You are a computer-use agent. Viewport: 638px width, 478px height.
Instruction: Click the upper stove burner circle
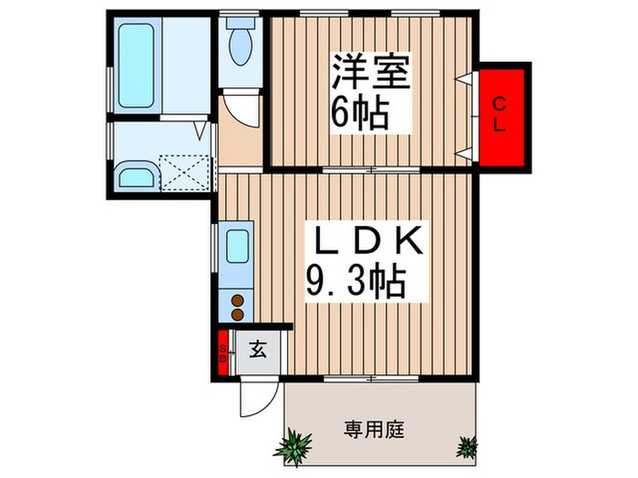click(238, 300)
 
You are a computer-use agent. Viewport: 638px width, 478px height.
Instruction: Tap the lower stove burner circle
click(238, 315)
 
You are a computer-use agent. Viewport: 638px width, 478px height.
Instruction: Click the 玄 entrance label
click(258, 349)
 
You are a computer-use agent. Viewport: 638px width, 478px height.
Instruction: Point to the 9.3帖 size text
click(355, 284)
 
